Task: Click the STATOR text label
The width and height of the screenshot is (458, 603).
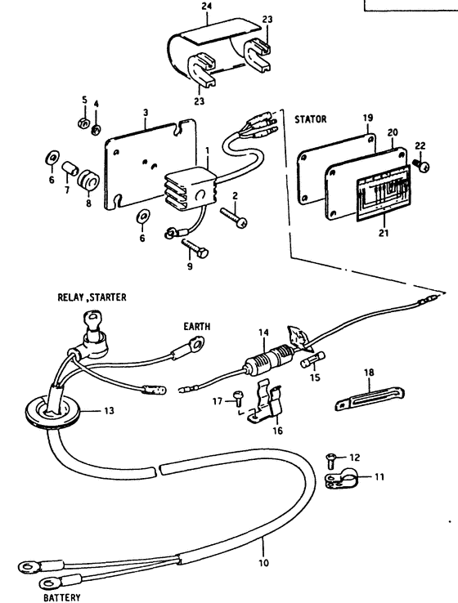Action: tap(310, 119)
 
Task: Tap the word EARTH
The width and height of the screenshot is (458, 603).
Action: tap(196, 327)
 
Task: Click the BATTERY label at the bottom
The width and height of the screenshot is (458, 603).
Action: tap(62, 597)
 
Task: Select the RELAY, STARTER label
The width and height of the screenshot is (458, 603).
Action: tap(92, 297)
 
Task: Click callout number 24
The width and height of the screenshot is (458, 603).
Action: tap(207, 7)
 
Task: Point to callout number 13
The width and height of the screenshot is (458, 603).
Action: tap(109, 411)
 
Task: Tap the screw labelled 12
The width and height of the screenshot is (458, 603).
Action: tap(330, 460)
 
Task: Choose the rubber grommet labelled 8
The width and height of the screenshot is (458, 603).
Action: tap(88, 180)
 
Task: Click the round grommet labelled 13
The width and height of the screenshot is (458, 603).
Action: tap(52, 413)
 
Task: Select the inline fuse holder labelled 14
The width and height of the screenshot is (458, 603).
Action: tap(270, 360)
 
